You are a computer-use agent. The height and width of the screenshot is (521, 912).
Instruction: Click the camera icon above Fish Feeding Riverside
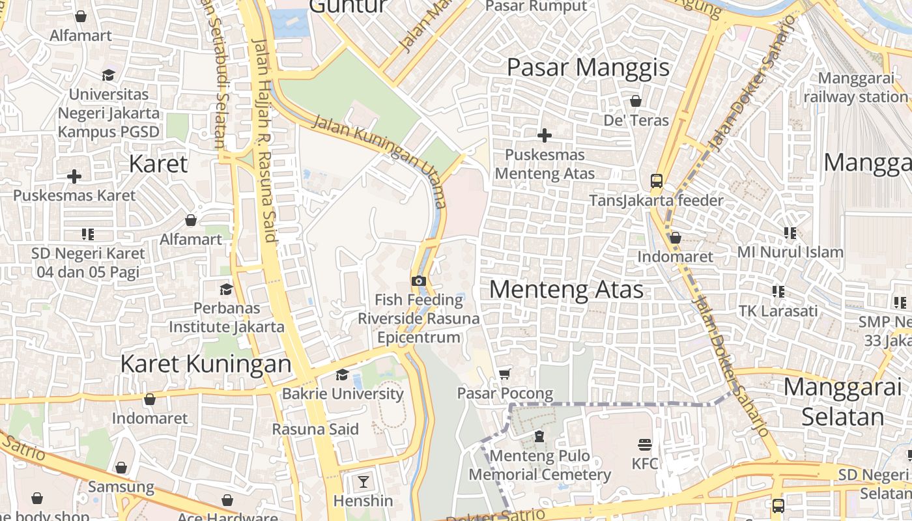(418, 281)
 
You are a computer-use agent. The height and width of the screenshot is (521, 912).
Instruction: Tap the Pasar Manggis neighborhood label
(588, 67)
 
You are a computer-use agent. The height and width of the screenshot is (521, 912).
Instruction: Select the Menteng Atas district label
(566, 289)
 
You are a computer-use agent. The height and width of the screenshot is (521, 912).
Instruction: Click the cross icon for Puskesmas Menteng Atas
(544, 135)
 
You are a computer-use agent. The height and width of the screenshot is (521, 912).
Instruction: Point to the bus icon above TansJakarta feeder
(656, 181)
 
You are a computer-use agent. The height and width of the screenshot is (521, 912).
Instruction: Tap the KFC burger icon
(645, 445)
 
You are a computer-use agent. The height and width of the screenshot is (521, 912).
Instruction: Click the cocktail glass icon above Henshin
(363, 482)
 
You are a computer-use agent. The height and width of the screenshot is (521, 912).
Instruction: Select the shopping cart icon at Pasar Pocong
(504, 374)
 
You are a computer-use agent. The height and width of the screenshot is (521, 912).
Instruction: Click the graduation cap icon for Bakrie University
(342, 374)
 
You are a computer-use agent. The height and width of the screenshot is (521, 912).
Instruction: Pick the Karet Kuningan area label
(206, 364)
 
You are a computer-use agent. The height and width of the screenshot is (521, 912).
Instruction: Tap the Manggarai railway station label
(855, 88)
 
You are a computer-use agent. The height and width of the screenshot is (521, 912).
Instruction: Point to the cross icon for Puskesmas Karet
(74, 176)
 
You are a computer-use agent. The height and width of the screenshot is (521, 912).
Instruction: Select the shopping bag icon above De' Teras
(636, 101)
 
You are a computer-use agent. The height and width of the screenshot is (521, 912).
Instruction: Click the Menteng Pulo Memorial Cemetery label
(539, 465)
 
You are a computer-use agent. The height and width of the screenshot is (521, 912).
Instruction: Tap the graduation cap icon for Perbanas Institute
(226, 289)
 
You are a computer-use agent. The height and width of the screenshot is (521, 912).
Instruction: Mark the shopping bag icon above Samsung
(121, 468)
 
